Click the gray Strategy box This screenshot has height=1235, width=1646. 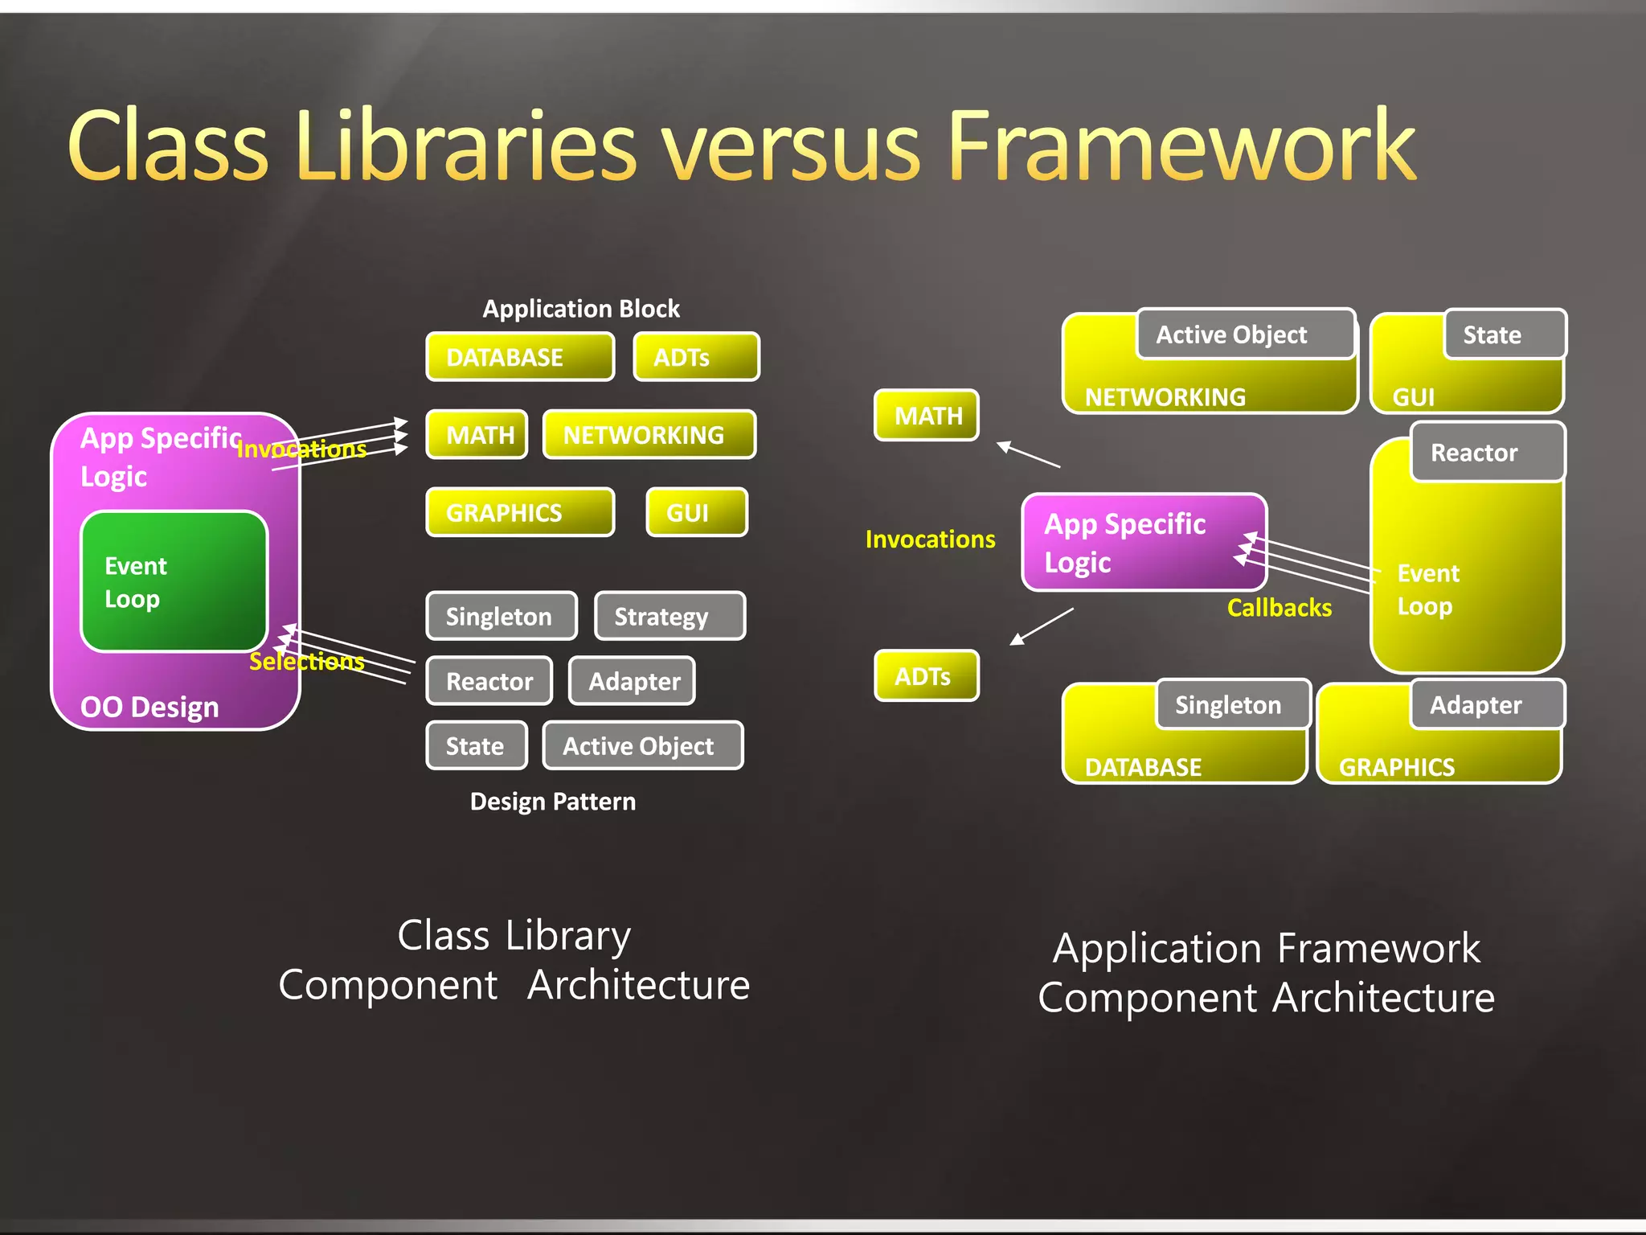tap(669, 616)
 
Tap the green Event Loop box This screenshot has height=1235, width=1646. tap(174, 581)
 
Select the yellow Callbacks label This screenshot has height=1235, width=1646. tap(1279, 607)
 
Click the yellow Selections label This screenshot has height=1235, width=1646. tap(306, 661)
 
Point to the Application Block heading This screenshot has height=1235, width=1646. tap(580, 309)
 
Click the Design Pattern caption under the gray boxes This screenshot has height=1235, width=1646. tap(552, 802)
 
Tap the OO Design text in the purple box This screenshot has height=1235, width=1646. tap(149, 707)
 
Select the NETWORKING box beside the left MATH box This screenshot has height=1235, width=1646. tap(649, 435)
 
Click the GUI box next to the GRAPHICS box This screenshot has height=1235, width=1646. tap(696, 512)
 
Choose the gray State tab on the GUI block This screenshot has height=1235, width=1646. tap(1504, 334)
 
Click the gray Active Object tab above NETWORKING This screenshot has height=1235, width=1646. tap(1245, 334)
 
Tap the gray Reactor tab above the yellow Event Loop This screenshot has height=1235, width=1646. tap(1487, 453)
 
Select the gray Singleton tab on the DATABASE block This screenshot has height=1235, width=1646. tap(1233, 705)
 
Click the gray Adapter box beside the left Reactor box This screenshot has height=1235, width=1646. tap(632, 681)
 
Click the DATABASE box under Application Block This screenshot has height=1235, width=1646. tap(519, 357)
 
